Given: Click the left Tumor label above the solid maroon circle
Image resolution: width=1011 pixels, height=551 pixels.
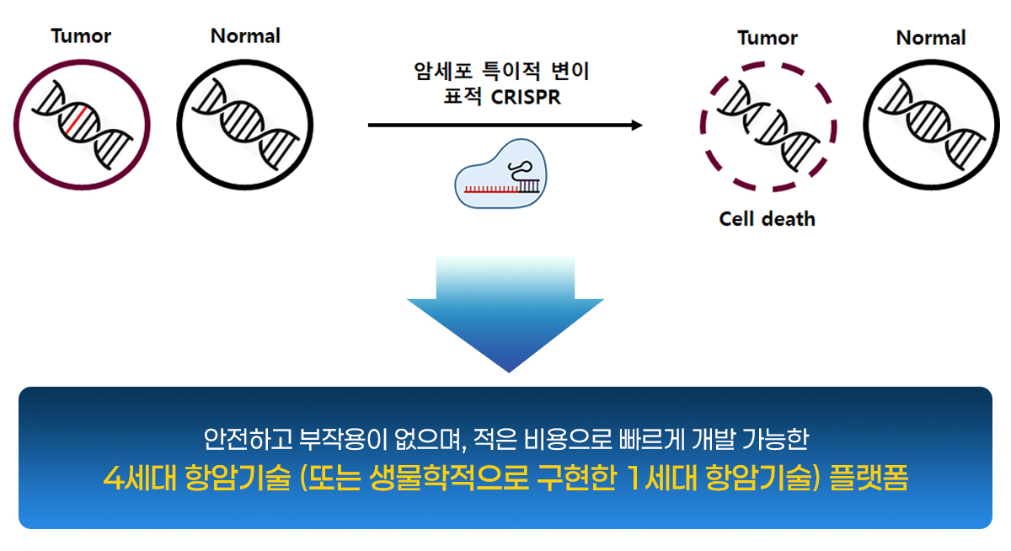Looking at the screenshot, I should (x=81, y=36).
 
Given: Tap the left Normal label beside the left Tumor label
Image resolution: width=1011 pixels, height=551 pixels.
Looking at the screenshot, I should (x=245, y=36).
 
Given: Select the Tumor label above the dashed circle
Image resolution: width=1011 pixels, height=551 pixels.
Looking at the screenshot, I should (x=768, y=38).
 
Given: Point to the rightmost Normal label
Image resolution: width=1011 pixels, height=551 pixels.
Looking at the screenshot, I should (x=931, y=38).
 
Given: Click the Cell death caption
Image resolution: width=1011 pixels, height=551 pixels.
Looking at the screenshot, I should (x=767, y=219).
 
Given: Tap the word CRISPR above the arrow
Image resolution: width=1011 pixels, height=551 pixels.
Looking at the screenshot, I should (x=525, y=97).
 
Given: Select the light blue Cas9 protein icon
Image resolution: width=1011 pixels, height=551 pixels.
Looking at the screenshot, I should (x=500, y=174).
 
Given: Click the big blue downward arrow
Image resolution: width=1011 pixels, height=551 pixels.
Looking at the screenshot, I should (x=505, y=316).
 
